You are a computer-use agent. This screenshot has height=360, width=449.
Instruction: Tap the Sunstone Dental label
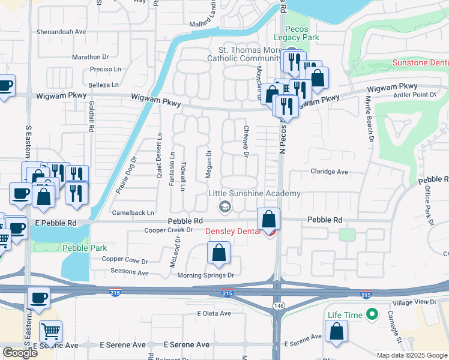pos(420,62)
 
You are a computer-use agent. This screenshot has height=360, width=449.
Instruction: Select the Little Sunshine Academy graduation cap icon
pos(225,207)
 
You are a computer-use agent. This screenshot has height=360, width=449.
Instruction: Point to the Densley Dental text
pos(233,232)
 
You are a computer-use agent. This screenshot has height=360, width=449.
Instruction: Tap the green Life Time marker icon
pos(372,314)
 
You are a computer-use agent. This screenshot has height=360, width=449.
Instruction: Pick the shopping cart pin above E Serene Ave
pos(51,330)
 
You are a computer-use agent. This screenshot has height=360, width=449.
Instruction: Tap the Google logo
pos(20,353)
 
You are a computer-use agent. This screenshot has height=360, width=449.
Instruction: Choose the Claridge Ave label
pos(329,172)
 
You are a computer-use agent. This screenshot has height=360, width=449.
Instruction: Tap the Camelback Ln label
pos(133,212)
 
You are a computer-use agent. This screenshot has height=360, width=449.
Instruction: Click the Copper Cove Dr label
pos(125,260)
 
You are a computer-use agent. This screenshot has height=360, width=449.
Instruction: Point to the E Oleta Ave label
pos(214,313)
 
